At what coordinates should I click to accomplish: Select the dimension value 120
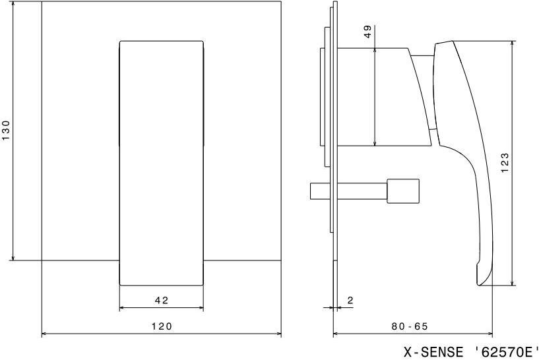point(162,326)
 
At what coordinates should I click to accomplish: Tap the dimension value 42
point(162,301)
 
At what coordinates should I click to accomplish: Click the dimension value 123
point(505,163)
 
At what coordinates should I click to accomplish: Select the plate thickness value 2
point(350,301)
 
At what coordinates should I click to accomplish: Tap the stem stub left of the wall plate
point(321,191)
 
